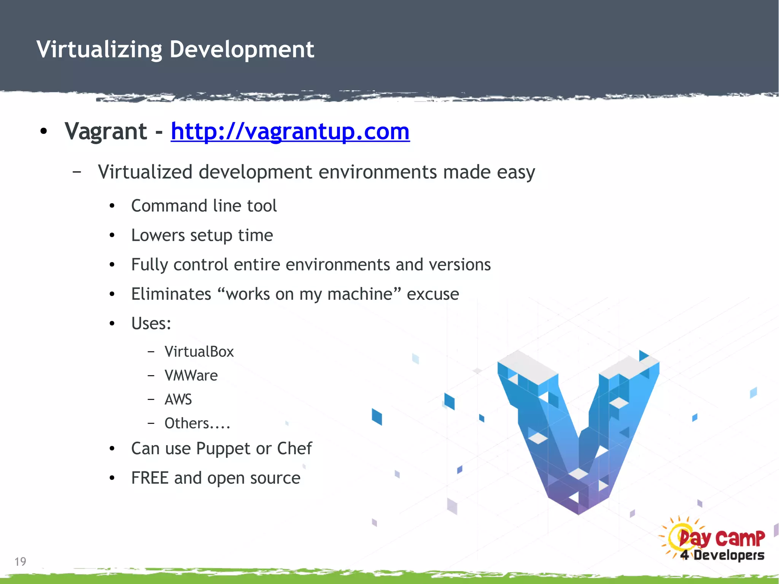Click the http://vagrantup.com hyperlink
[x=290, y=131]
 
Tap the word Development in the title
[x=242, y=49]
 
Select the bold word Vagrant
[x=106, y=131]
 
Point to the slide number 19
[x=20, y=562]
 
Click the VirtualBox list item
[x=199, y=352]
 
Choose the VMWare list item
[x=191, y=376]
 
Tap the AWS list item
[x=178, y=399]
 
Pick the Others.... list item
[x=197, y=423]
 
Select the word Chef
[x=294, y=448]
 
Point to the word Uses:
[x=151, y=323]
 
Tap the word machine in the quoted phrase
[x=359, y=294]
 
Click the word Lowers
[x=158, y=235]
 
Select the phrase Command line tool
[x=204, y=206]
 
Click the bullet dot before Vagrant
[x=44, y=132]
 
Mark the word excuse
[x=433, y=294]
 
